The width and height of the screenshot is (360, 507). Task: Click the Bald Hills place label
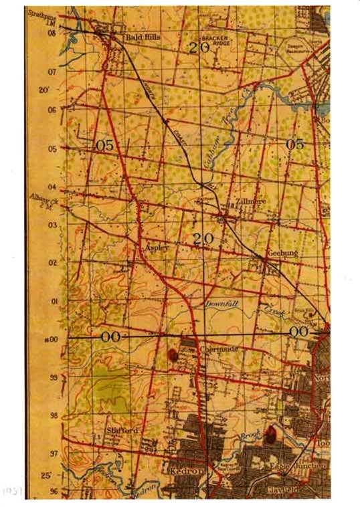143,38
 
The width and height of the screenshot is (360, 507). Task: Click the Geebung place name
282,254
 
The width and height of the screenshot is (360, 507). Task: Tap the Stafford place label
122,430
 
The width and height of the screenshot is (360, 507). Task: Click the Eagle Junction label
298,464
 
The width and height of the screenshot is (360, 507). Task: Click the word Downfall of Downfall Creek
221,304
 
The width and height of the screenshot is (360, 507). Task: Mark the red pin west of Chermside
173,353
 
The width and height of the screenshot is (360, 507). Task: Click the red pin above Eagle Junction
270,435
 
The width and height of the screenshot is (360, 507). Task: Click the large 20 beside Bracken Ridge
199,47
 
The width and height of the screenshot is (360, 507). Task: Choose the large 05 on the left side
105,144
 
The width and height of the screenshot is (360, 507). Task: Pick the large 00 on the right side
299,332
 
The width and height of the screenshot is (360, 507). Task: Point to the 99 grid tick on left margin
52,378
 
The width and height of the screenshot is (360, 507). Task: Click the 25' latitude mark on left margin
46,476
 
